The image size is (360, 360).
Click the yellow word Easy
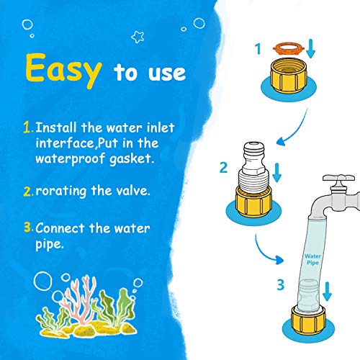(x=63, y=70)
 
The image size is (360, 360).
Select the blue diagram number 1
(x=258, y=49)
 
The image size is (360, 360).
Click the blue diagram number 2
(x=223, y=168)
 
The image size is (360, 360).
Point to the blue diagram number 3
(x=281, y=284)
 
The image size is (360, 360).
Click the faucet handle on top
(x=338, y=178)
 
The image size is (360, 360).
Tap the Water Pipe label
(x=312, y=259)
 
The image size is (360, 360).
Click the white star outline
(x=138, y=37)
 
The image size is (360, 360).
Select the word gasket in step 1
(x=131, y=159)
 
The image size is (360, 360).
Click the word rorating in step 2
(x=61, y=192)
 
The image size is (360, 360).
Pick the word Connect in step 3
(x=60, y=228)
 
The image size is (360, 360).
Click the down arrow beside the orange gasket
(x=310, y=48)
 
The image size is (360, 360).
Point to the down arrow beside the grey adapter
(x=277, y=172)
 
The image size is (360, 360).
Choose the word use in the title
(x=167, y=73)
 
